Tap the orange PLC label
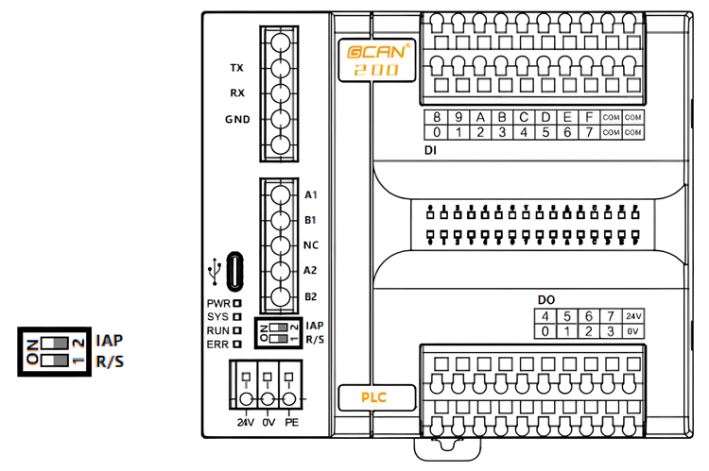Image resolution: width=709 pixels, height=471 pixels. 375,397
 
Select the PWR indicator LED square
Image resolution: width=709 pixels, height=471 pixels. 237,303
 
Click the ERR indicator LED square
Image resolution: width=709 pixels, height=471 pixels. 237,345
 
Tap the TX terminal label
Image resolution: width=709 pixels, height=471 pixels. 237,68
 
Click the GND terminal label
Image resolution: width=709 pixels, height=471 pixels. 237,120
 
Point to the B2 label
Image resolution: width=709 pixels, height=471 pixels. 310,296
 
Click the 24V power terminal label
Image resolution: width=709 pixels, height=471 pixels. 246,422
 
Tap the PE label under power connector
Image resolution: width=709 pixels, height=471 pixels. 291,422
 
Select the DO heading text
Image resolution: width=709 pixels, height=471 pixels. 546,300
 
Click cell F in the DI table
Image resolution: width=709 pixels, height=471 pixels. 588,117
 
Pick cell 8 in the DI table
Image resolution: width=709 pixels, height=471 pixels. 437,117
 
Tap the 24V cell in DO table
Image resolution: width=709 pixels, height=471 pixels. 633,316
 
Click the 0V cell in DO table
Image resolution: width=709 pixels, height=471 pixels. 633,331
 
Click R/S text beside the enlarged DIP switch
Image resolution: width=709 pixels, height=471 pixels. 110,360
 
